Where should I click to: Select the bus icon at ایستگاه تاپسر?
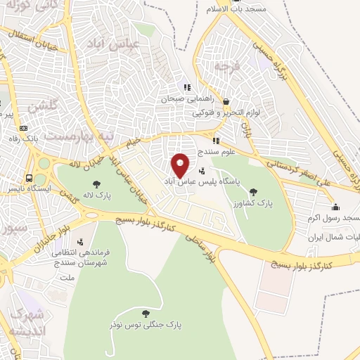point(30,178)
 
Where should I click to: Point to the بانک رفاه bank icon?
point(24,129)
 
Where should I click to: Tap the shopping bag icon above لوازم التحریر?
point(225,101)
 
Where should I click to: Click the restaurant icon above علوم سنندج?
point(216,141)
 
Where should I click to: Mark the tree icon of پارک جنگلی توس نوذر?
point(146,314)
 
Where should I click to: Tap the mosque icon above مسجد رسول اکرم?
point(336,207)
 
